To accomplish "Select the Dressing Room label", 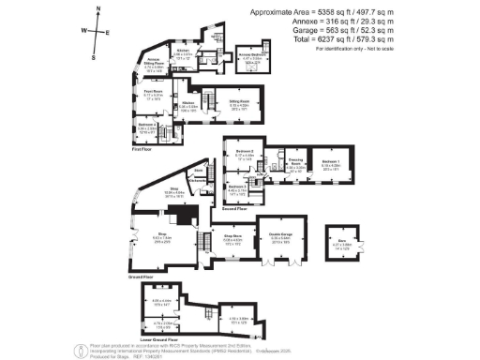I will tap(294, 164).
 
